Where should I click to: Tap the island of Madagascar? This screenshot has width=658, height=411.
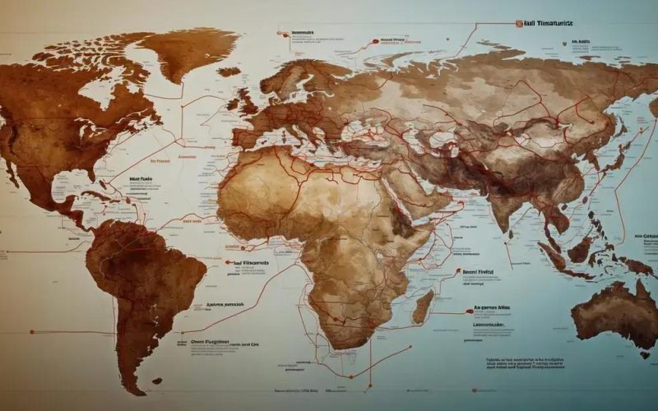423,306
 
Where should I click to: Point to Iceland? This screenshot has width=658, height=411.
229,72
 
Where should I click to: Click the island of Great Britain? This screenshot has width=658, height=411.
247,103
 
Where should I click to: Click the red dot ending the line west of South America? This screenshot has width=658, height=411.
31,332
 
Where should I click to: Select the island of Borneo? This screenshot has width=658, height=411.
582,247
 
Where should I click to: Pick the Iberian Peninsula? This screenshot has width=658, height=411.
244,140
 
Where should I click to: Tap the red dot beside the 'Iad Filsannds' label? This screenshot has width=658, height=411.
227,262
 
